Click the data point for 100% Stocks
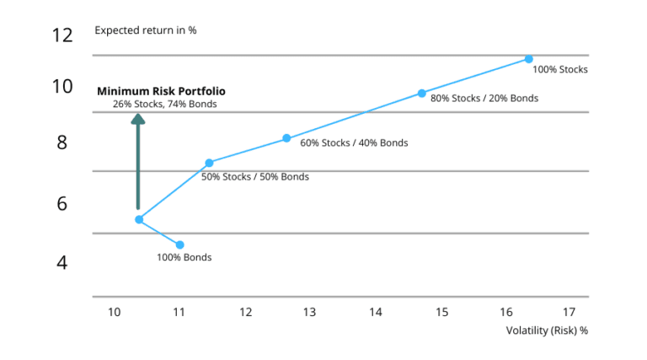point(528,59)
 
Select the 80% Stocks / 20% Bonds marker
point(422,93)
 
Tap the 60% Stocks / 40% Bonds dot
point(286,138)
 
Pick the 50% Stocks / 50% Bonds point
point(209,163)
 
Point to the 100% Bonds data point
point(179,244)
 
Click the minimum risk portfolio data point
point(139,219)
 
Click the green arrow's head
point(138,119)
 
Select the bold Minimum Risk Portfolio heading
point(161,91)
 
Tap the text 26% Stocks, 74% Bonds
point(164,104)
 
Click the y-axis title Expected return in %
point(145,31)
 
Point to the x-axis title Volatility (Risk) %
point(547,330)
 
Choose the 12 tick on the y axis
point(62,35)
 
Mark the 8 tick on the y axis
point(61,142)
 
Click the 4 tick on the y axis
point(61,263)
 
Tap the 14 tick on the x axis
point(375,313)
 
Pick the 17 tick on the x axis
point(569,313)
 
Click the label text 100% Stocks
point(561,70)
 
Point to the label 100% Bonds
point(184,257)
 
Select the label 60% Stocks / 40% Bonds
point(354,143)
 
